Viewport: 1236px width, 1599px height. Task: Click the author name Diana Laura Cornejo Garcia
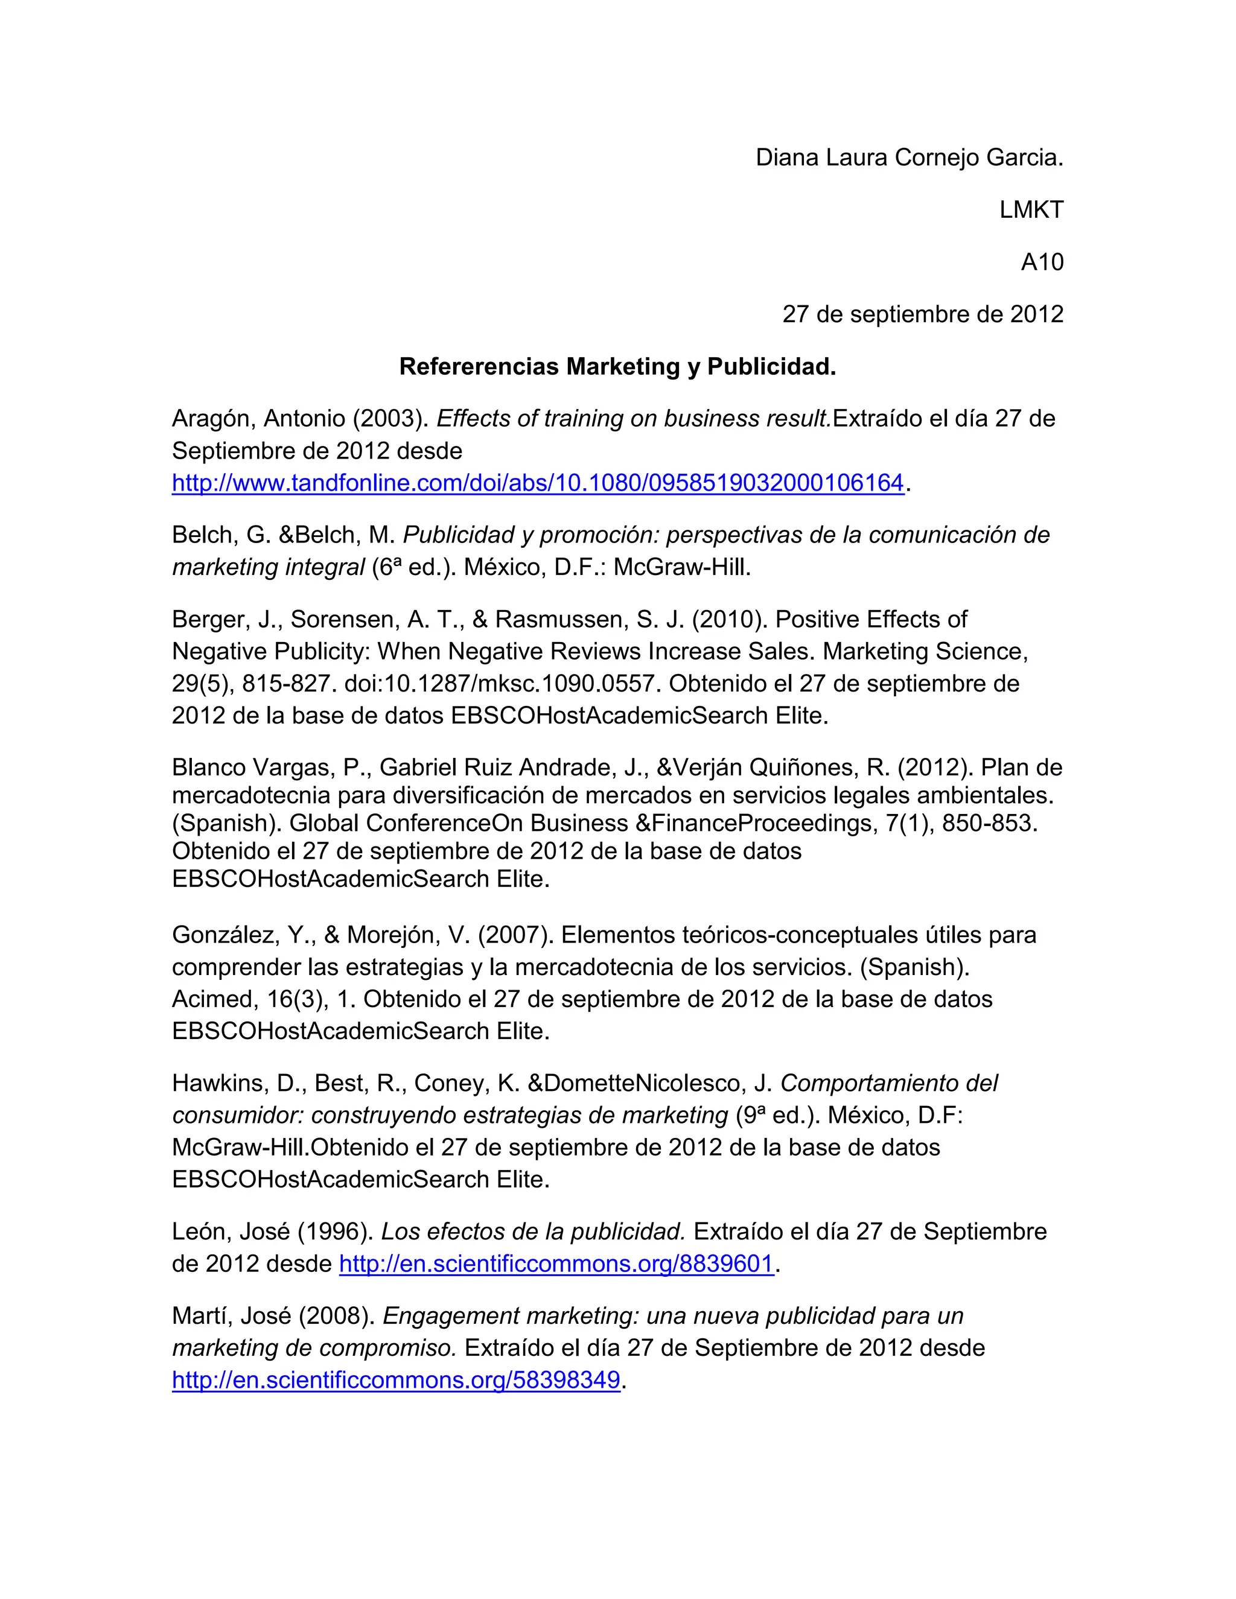pyautogui.click(x=909, y=157)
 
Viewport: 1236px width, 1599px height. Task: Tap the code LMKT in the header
pyautogui.click(x=1031, y=210)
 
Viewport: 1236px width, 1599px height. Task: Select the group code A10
pyautogui.click(x=1042, y=262)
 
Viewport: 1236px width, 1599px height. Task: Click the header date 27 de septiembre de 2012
pyautogui.click(x=923, y=314)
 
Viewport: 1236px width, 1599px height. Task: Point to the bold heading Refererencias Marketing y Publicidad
pyautogui.click(x=617, y=366)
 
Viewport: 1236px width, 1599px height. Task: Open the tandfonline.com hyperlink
pyautogui.click(x=538, y=483)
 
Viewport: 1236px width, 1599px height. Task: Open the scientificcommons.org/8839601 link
pyautogui.click(x=556, y=1264)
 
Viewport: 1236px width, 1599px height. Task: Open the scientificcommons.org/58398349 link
pyautogui.click(x=396, y=1381)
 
